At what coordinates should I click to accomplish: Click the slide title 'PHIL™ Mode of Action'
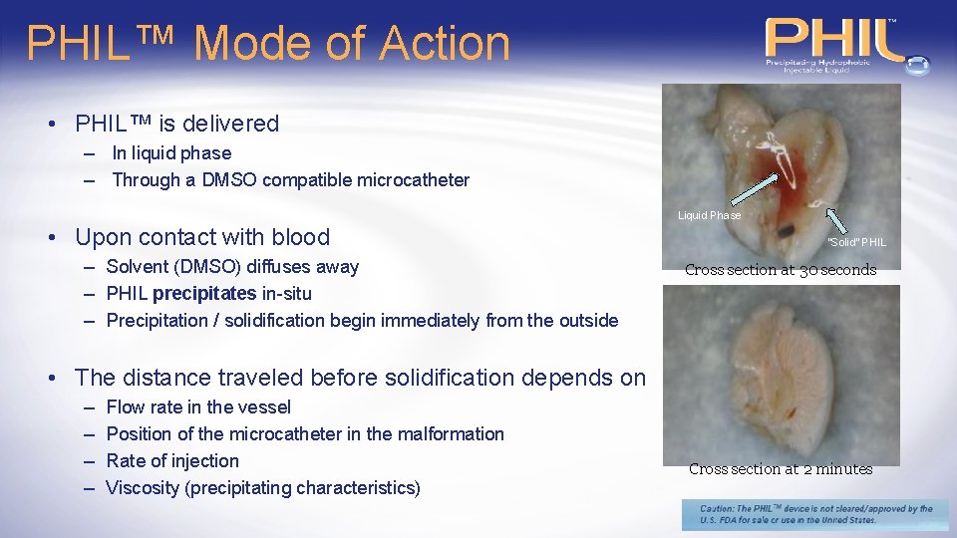(x=268, y=44)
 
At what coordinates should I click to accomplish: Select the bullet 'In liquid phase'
(x=170, y=153)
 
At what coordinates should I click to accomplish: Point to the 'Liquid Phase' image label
(x=709, y=215)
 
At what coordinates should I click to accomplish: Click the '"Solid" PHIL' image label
(x=856, y=242)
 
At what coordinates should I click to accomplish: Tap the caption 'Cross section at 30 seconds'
(x=781, y=270)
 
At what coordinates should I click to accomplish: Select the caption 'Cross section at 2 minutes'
(x=781, y=469)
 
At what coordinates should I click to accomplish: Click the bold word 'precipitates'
(x=204, y=293)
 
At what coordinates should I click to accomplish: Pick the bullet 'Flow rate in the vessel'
(x=198, y=406)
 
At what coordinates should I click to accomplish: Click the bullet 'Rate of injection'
(x=172, y=460)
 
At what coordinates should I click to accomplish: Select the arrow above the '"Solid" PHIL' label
(x=838, y=220)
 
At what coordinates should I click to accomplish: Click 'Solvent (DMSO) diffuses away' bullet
(x=232, y=266)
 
